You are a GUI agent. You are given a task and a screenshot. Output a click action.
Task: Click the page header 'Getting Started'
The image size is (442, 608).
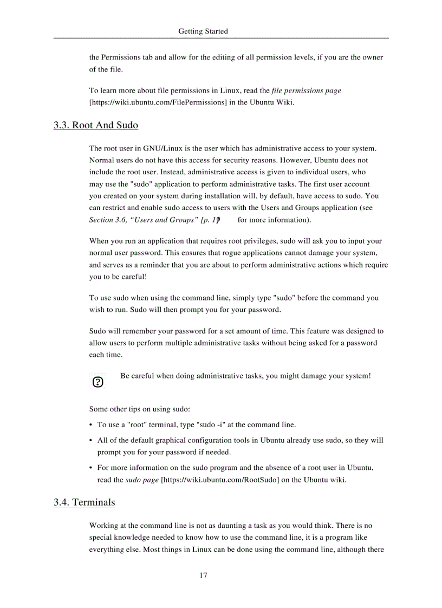(203, 31)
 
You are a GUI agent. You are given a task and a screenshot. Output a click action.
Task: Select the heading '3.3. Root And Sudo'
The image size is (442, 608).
(96, 126)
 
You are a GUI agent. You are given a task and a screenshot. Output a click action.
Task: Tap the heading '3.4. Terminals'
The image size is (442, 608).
(84, 502)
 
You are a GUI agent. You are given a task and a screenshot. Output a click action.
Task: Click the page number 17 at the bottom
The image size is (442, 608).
(203, 576)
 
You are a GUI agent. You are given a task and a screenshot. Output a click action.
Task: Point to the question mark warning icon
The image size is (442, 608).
(98, 382)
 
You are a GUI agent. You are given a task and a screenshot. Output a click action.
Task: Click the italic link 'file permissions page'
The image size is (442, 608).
(306, 90)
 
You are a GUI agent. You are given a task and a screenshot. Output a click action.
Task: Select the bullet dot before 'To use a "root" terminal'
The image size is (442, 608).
(91, 426)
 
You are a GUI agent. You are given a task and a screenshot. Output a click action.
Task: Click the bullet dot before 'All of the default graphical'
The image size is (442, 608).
(91, 441)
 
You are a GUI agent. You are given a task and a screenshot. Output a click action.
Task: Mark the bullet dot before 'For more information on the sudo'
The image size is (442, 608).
(91, 468)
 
